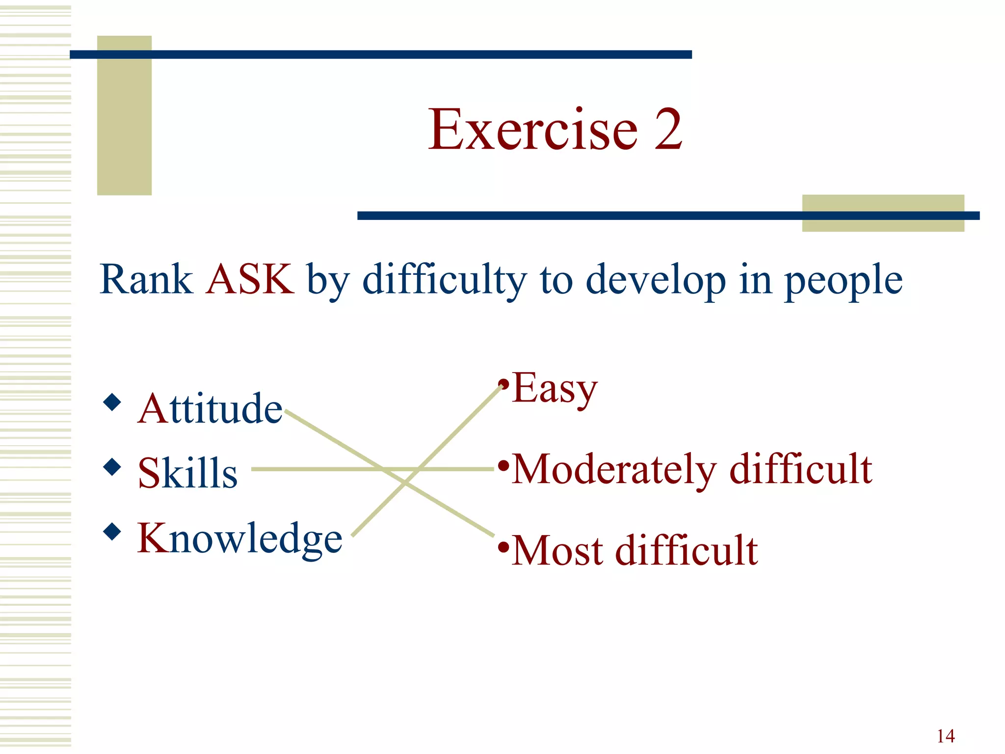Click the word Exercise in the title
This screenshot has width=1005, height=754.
point(533,130)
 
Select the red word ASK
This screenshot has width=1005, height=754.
point(250,279)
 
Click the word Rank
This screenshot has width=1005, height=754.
point(146,279)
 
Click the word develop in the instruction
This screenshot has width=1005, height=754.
point(656,281)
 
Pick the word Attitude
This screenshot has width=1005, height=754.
point(210,408)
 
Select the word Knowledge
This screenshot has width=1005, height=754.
point(239,539)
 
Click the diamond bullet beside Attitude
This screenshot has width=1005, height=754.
point(112,402)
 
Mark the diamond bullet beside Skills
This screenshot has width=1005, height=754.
point(112,467)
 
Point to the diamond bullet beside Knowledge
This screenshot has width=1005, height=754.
point(112,531)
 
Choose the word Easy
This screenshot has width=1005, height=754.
point(555,389)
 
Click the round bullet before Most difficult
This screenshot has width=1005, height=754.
point(503,546)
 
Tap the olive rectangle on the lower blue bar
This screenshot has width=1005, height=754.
point(883,213)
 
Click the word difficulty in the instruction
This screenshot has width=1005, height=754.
point(444,281)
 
